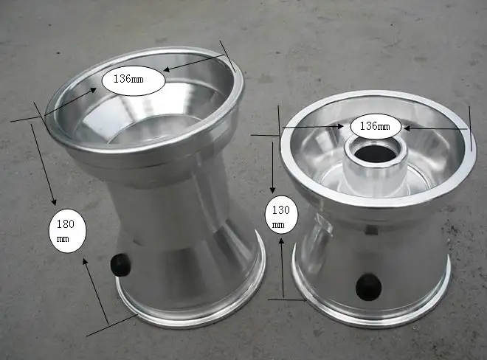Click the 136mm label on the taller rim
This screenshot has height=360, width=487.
pyautogui.click(x=134, y=78)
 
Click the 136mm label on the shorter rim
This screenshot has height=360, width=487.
pyautogui.click(x=375, y=126)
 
